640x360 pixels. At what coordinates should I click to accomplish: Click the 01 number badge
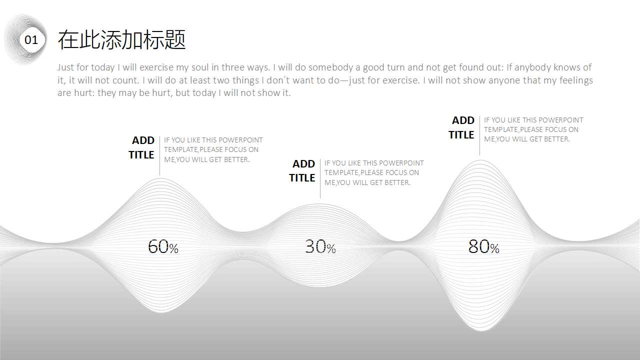tap(31, 40)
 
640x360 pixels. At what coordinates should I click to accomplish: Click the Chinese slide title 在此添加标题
tap(121, 39)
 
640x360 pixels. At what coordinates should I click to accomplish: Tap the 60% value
tap(163, 246)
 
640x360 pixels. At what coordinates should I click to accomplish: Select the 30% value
tap(320, 246)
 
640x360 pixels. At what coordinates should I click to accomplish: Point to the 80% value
tap(483, 246)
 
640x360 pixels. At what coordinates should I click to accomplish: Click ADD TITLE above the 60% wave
tap(141, 147)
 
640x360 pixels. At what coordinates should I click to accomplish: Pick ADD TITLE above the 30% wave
tap(302, 170)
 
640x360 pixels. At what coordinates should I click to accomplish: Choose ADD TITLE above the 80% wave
tap(461, 127)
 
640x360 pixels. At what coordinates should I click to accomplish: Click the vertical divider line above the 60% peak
tap(159, 155)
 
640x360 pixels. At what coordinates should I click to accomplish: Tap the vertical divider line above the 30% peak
tap(320, 178)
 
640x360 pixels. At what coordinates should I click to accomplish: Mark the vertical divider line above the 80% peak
tap(479, 135)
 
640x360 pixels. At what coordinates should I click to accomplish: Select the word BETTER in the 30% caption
tap(398, 182)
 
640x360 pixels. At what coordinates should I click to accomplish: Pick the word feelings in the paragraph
tap(576, 80)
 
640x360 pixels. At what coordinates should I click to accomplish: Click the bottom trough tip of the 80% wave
tap(480, 329)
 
